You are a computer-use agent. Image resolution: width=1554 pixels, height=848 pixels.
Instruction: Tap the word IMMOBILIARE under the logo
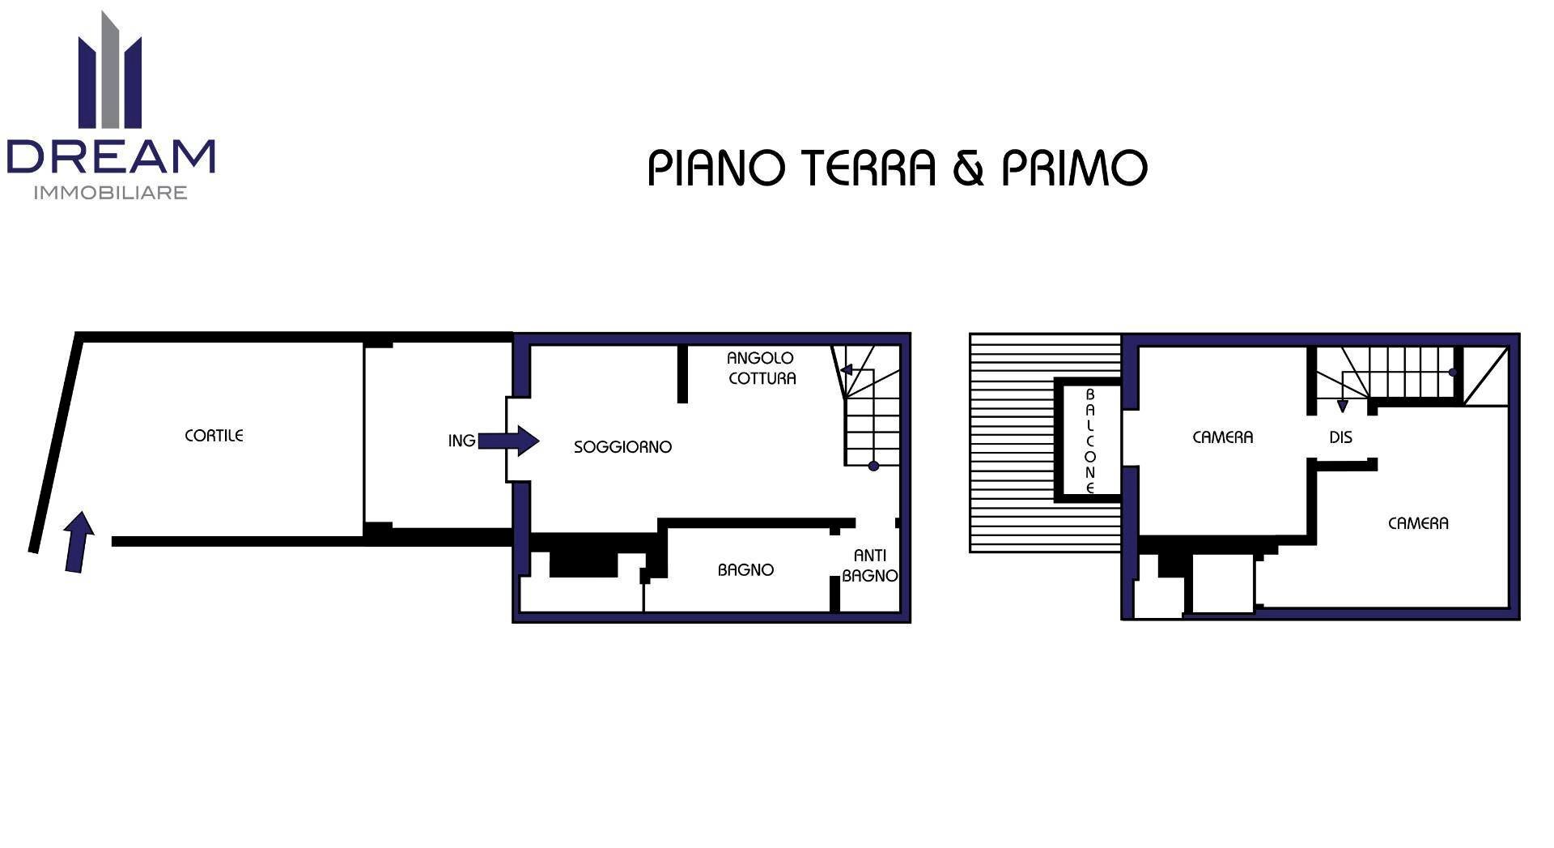(111, 193)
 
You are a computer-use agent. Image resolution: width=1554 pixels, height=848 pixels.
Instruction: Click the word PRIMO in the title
(1075, 168)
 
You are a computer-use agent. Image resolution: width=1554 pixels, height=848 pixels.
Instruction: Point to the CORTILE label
(214, 436)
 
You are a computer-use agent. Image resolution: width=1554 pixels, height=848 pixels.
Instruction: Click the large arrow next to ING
(508, 441)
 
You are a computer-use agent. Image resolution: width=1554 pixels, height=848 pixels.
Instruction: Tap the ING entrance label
(461, 441)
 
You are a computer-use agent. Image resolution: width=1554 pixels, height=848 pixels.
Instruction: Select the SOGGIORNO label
(622, 447)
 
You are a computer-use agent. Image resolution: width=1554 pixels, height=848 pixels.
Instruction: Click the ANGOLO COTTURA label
(761, 369)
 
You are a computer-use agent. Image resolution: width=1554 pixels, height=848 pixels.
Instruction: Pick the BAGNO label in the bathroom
(745, 570)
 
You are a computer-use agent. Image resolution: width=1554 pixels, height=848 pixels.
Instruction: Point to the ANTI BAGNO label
(869, 565)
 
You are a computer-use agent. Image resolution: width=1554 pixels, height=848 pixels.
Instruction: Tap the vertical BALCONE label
(1089, 441)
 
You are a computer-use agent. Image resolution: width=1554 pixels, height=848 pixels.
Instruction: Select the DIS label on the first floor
(1340, 437)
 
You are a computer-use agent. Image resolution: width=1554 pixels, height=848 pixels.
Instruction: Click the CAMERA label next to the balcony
(1222, 437)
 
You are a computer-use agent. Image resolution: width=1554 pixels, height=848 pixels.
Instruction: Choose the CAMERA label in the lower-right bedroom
(1418, 523)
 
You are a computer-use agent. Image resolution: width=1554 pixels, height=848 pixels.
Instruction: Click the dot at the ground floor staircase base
(873, 466)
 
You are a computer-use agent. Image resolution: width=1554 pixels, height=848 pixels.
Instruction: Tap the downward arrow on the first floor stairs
(1343, 404)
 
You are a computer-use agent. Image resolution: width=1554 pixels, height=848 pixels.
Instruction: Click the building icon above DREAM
(110, 73)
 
